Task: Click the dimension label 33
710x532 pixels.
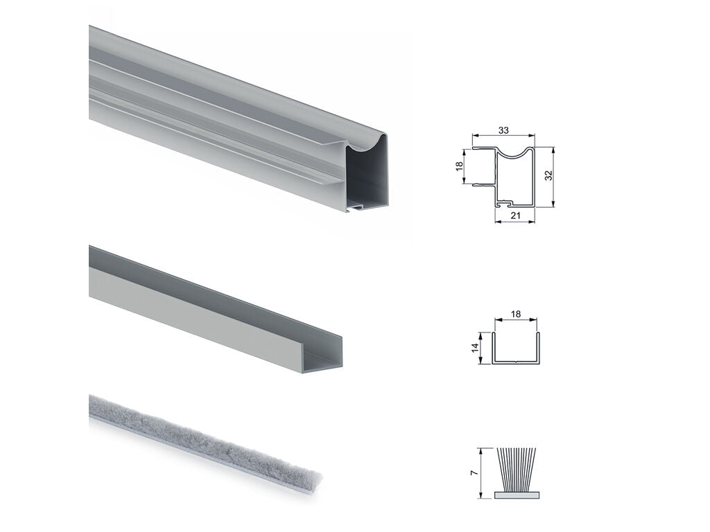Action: (x=503, y=130)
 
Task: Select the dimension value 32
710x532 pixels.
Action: (x=548, y=175)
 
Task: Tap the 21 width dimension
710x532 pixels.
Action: (x=515, y=216)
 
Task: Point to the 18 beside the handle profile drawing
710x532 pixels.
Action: (x=460, y=166)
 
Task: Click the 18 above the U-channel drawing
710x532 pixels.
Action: (x=515, y=314)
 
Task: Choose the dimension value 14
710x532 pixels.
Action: (x=474, y=348)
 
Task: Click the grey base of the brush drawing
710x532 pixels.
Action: (x=517, y=495)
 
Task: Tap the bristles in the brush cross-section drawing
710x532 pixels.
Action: (x=517, y=470)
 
